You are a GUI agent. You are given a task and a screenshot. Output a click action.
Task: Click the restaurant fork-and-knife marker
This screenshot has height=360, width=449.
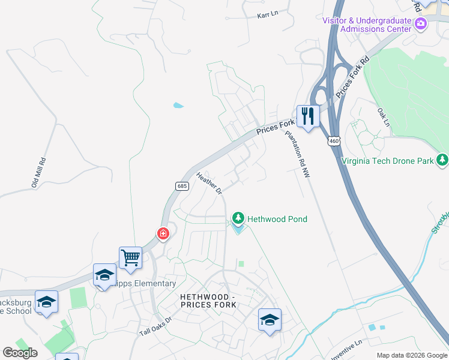[x=308, y=115]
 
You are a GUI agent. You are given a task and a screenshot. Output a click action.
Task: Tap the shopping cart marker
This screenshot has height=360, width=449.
[x=130, y=258]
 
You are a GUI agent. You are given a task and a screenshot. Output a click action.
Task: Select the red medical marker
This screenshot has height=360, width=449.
[x=163, y=233]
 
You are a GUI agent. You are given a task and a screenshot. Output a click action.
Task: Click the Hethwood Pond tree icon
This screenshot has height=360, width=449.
[x=238, y=218]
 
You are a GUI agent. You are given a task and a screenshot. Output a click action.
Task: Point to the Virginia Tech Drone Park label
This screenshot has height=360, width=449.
[x=388, y=161]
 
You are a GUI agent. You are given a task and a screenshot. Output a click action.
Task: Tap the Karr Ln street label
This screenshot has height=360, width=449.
[x=268, y=14]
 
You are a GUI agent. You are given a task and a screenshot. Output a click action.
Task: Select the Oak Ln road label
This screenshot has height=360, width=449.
[x=384, y=117]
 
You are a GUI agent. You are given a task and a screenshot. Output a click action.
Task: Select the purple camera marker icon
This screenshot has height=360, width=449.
[x=420, y=24]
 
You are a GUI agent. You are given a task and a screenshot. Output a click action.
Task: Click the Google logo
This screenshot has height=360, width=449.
[x=20, y=352]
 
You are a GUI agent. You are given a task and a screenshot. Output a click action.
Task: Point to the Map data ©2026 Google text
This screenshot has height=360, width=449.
[x=411, y=355]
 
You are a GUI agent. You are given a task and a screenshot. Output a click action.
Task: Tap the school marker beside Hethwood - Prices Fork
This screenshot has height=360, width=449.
[x=270, y=319]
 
